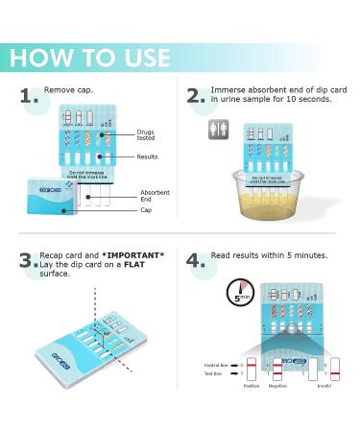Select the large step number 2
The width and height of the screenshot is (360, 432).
click(x=198, y=97)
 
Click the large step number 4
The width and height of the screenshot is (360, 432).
click(x=198, y=261)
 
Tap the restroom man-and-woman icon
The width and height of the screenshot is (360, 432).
click(x=219, y=130)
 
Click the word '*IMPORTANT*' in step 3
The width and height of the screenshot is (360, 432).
click(x=138, y=255)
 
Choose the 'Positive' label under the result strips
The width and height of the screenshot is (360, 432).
click(x=252, y=386)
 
